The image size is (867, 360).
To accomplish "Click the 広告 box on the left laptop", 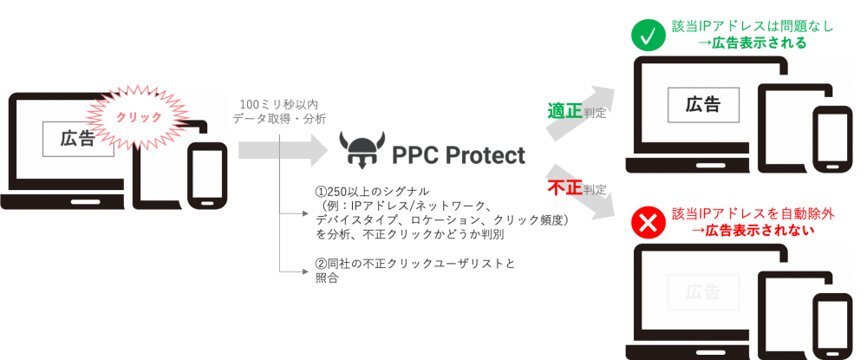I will click(78, 139).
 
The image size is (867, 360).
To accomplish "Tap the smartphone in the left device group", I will click(208, 176).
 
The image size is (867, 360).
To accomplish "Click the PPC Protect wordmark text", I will click(459, 155).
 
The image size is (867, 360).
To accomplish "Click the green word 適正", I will click(564, 111).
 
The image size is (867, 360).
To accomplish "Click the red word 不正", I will click(564, 187).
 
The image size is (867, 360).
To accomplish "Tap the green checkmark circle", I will click(646, 36).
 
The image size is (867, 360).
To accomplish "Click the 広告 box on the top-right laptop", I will click(703, 104).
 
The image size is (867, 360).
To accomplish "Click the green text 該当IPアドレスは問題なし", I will click(752, 27).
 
